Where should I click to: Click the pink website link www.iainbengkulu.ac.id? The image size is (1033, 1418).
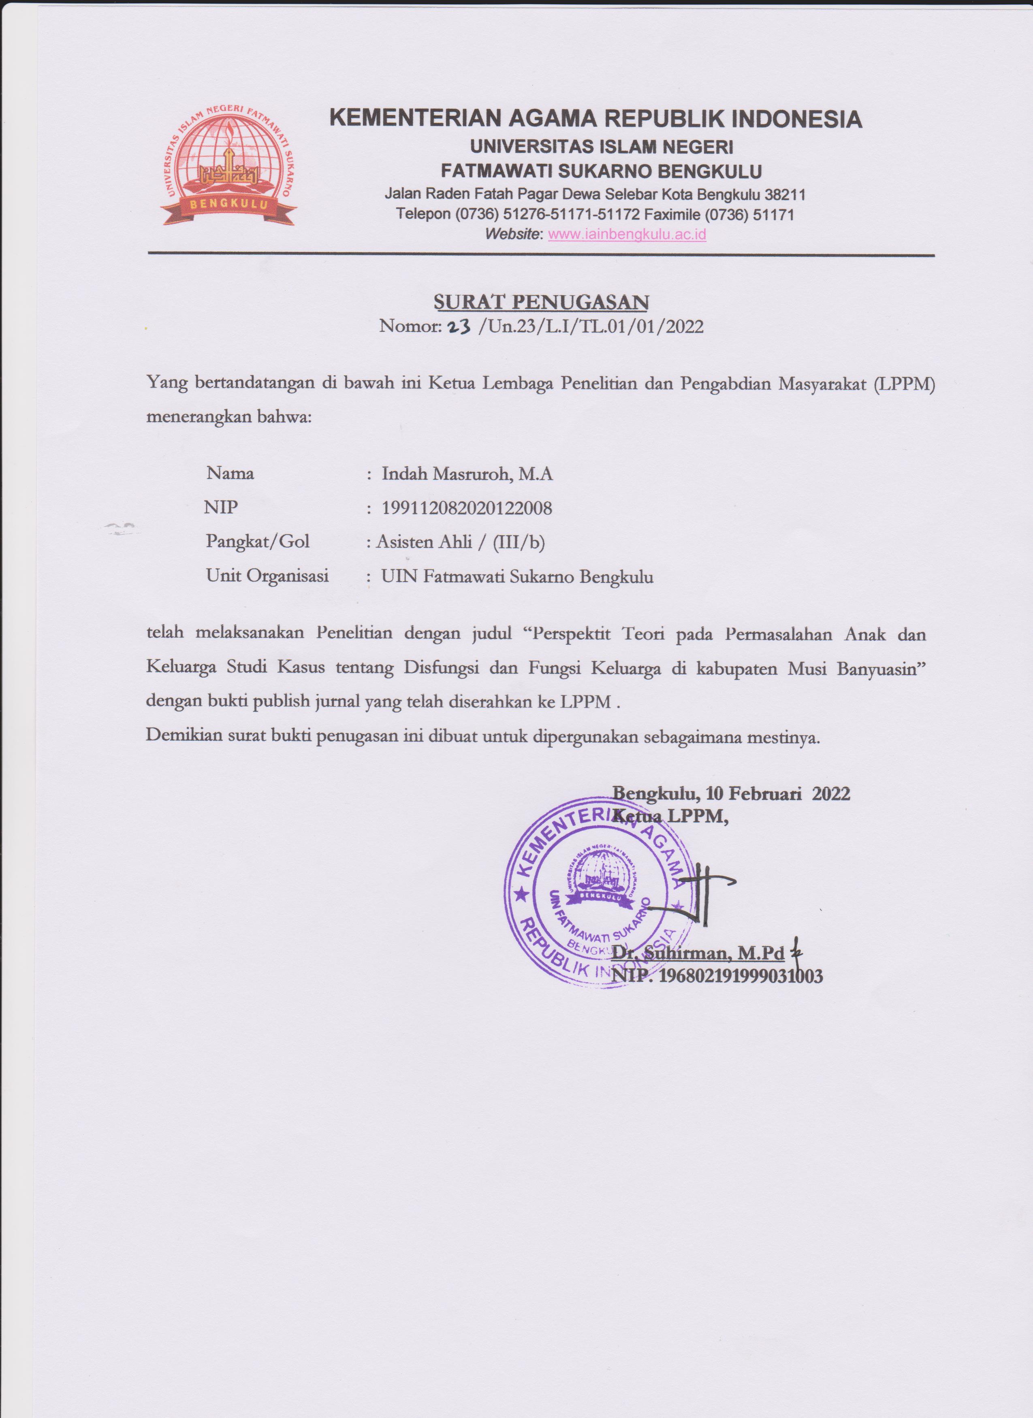627,235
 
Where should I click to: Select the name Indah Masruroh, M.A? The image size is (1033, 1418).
467,474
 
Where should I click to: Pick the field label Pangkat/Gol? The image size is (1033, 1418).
258,542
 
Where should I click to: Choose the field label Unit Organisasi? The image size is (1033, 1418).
267,575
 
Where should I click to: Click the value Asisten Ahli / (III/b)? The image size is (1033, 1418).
460,542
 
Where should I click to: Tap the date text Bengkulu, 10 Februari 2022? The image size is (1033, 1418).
731,793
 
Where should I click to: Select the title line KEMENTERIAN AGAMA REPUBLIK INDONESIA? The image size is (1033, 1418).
595,119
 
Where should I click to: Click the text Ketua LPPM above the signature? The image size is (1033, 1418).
670,816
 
